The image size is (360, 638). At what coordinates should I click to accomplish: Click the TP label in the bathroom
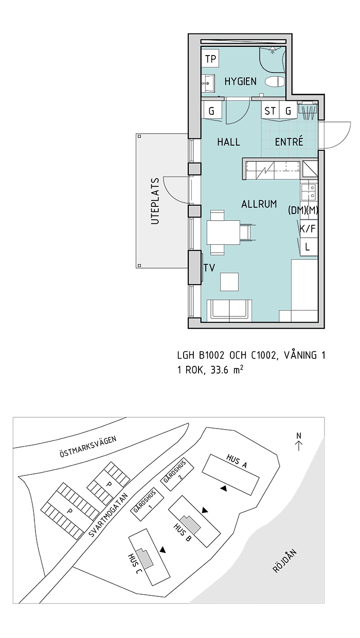coord(210,59)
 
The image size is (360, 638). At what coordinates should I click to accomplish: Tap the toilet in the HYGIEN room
coord(275,82)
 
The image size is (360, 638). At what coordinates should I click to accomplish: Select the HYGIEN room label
coord(241,82)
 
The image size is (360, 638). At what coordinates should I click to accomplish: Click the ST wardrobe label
coord(270,111)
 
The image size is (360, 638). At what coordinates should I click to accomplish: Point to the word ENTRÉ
coord(289,141)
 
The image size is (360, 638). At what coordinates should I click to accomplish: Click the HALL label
coord(228,142)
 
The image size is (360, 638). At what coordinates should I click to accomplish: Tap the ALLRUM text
coord(259,204)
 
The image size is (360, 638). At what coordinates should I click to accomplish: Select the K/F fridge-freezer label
coord(308,228)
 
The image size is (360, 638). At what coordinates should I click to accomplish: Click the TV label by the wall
coord(209,268)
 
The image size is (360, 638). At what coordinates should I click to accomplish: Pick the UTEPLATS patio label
coord(155,201)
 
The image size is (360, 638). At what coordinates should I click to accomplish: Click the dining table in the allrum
coord(223,233)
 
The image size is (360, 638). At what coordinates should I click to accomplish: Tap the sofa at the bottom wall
coord(229,311)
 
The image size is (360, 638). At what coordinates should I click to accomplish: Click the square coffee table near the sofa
coord(229,281)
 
